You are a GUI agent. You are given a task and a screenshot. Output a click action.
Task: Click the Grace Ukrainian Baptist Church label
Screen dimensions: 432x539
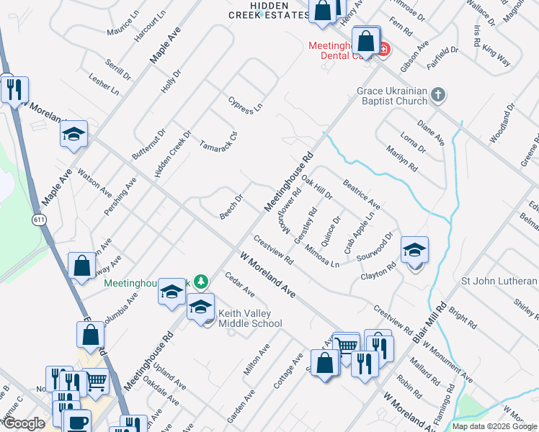[x=392, y=96]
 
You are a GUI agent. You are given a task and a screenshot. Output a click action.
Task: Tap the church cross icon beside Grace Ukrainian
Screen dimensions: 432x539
[x=437, y=94]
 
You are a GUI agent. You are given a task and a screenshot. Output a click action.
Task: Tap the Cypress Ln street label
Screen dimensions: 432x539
[x=245, y=105]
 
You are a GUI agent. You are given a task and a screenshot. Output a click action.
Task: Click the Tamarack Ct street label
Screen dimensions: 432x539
[x=218, y=135]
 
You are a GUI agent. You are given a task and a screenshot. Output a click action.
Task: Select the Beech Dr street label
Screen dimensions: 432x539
[x=231, y=207]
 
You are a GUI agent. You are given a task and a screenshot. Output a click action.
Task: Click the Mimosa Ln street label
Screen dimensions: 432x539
[x=321, y=255]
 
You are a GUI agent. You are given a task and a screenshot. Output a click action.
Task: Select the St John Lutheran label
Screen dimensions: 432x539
[x=499, y=280]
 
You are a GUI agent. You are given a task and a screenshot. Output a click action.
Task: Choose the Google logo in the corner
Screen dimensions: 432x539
[x=24, y=423]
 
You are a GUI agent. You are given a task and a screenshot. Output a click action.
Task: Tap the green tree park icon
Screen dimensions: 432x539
[x=203, y=281]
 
